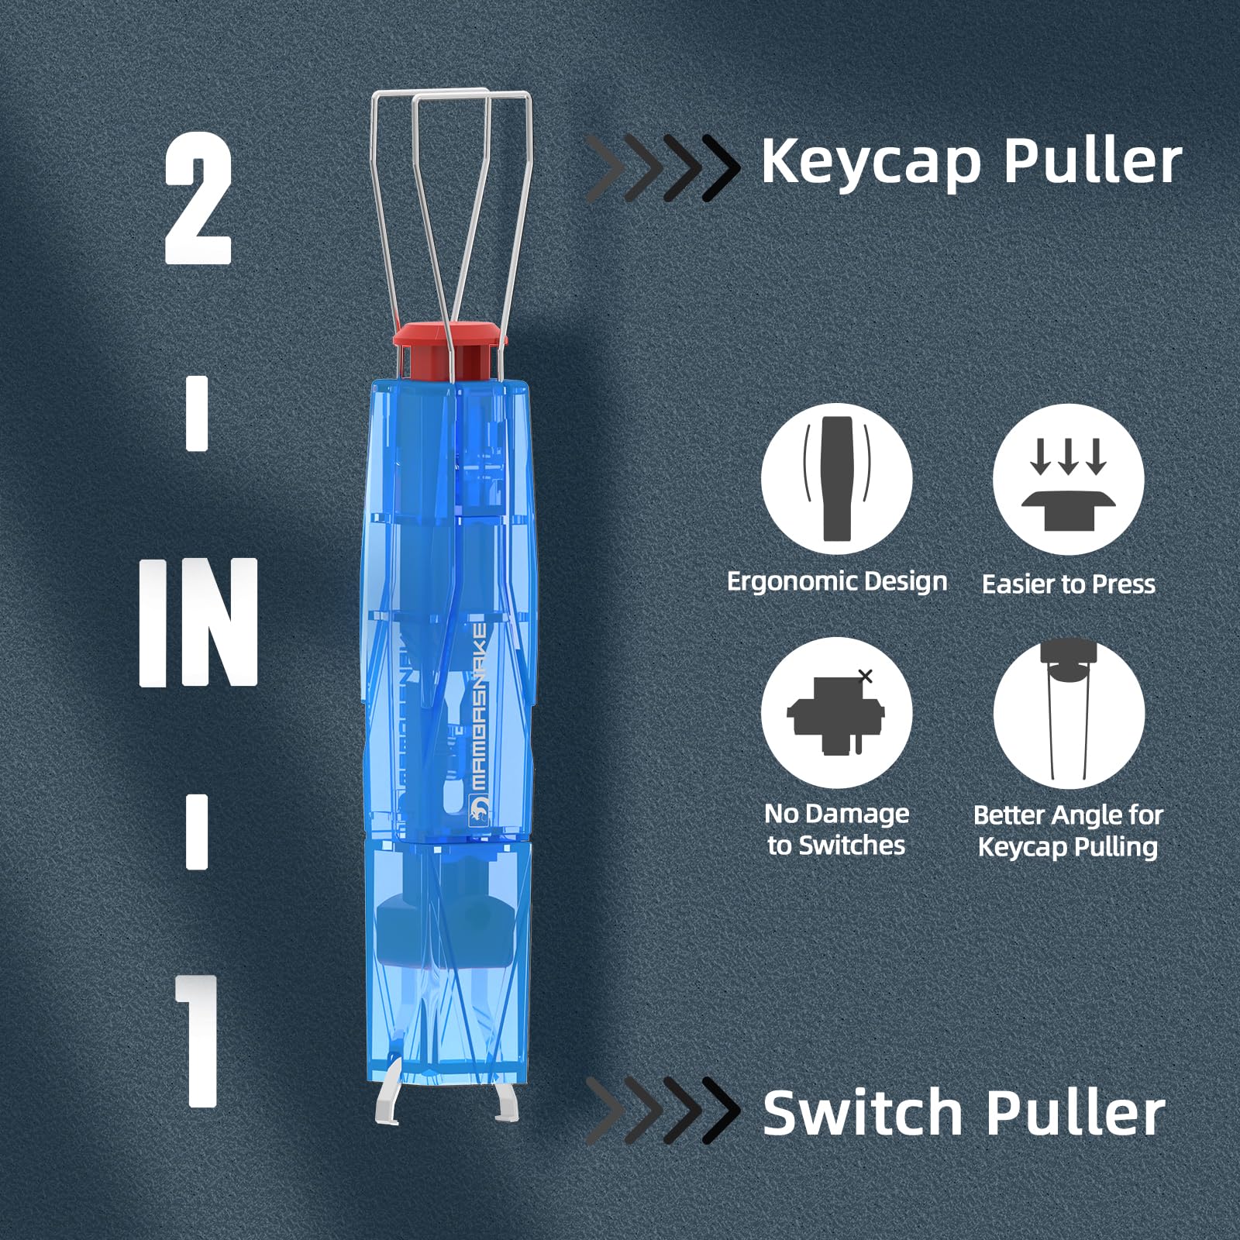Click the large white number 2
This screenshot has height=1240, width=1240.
pyautogui.click(x=198, y=198)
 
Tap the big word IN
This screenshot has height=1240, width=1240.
pyautogui.click(x=198, y=622)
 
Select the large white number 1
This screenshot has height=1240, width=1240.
pyautogui.click(x=199, y=1040)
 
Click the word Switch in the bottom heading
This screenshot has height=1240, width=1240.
pyautogui.click(x=863, y=1113)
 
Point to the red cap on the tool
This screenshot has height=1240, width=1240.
pyautogui.click(x=449, y=339)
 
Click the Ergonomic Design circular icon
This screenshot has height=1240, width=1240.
pyautogui.click(x=836, y=479)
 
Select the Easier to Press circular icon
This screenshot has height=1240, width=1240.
pyautogui.click(x=1068, y=479)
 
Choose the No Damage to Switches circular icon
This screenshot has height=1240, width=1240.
pyautogui.click(x=836, y=712)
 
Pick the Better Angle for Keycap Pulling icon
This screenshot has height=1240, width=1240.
pyautogui.click(x=1068, y=712)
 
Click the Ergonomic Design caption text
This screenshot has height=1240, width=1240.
pyautogui.click(x=836, y=581)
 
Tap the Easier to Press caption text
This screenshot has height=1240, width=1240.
pyautogui.click(x=1068, y=584)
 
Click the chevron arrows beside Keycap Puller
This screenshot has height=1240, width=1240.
pyautogui.click(x=663, y=167)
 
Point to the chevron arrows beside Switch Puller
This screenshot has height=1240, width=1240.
pyautogui.click(x=663, y=1111)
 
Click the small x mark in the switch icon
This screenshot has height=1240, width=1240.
pyautogui.click(x=866, y=676)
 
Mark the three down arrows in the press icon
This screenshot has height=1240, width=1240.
pyautogui.click(x=1068, y=457)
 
